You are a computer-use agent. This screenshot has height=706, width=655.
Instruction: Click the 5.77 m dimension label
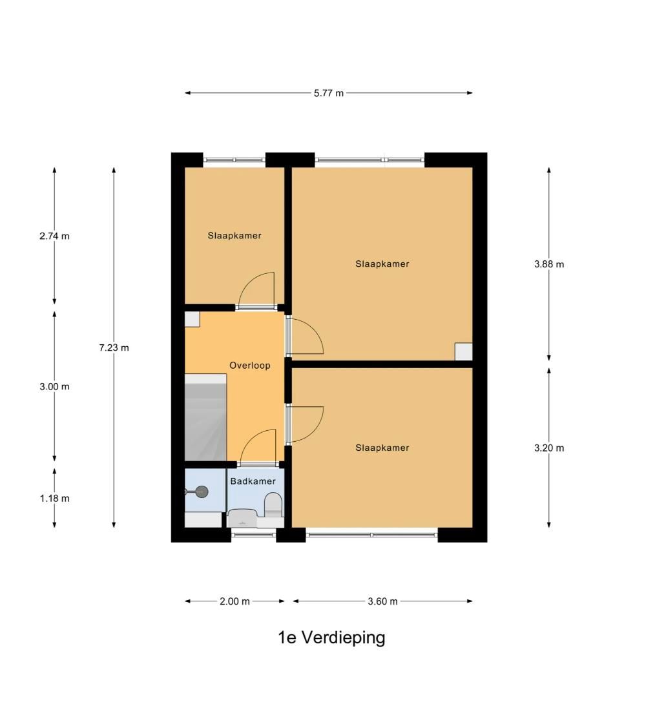pos(329,93)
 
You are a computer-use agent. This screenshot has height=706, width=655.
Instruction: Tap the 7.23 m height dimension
pos(114,348)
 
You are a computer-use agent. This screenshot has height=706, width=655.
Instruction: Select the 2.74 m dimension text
pos(54,236)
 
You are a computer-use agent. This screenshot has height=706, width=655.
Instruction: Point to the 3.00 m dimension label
pos(54,386)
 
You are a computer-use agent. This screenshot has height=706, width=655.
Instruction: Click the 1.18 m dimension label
pos(54,498)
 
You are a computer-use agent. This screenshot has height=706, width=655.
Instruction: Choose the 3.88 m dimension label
pos(549,264)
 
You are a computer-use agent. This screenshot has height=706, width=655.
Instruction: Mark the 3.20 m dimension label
pos(549,448)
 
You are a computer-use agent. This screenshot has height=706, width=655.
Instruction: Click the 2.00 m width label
pos(234,601)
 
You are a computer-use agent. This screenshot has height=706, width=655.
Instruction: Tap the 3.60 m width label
pos(382,601)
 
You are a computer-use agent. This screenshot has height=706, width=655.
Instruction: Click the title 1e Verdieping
pos(331,638)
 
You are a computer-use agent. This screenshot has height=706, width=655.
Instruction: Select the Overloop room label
pos(250,366)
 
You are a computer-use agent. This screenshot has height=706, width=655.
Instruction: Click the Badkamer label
pos(253,481)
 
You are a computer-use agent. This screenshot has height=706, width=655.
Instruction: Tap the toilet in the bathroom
pos(273,504)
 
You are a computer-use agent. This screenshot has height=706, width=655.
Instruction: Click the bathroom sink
pos(243,518)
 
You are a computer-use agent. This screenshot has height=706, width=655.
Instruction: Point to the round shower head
pos(202,492)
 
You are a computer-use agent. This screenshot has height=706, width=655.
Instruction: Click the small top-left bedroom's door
pos(256,290)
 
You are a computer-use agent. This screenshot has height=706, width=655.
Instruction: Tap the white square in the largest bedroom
pos(463,351)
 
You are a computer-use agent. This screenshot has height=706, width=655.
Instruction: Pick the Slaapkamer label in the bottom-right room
pos(382,448)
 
